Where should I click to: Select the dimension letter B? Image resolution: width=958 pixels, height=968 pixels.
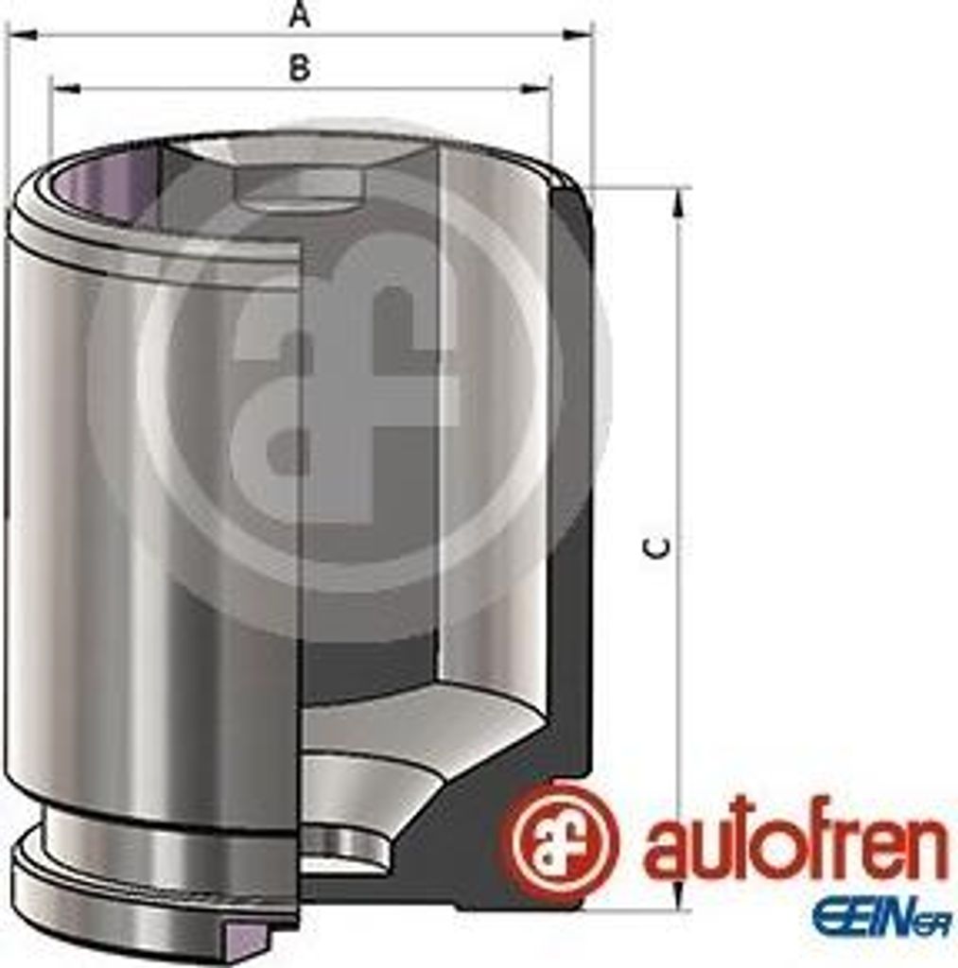(299, 68)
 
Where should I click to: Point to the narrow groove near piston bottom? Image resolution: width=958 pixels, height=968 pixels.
(161, 832)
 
